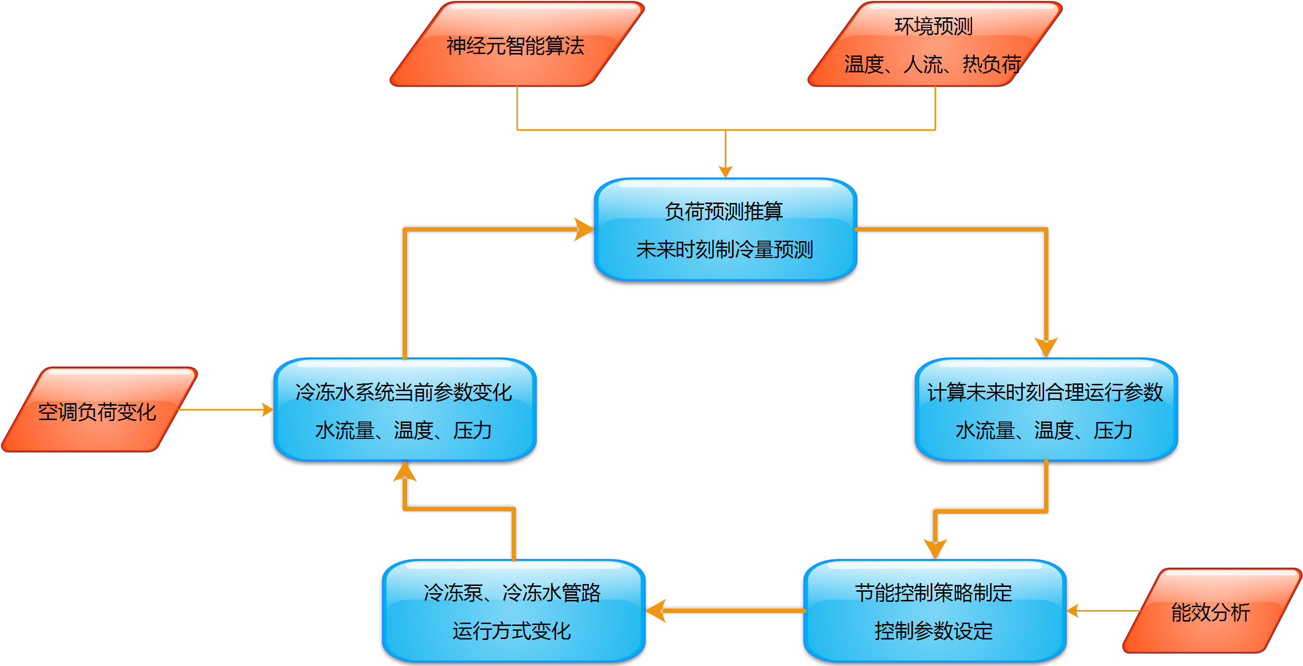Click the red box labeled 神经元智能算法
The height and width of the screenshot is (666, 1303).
(x=516, y=45)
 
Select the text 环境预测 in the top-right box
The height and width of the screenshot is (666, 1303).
(x=934, y=27)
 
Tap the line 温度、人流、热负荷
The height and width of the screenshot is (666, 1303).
(x=933, y=65)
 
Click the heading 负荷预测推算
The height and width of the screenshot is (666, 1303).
(x=724, y=211)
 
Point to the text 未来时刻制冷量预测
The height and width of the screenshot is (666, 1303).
(x=724, y=249)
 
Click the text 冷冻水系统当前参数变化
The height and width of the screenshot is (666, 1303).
(x=404, y=392)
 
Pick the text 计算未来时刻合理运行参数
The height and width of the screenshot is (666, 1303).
(x=1045, y=392)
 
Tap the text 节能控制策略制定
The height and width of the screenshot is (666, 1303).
(x=934, y=593)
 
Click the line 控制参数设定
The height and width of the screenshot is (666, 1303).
(x=934, y=631)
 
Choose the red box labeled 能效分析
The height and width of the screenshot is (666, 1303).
(x=1210, y=612)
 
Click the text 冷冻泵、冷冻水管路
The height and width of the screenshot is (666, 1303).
(x=512, y=593)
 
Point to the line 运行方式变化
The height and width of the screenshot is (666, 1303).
(x=512, y=631)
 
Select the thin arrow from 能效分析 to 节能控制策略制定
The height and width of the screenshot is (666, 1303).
(x=1103, y=611)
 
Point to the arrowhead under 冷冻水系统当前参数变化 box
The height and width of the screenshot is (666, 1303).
(x=405, y=472)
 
